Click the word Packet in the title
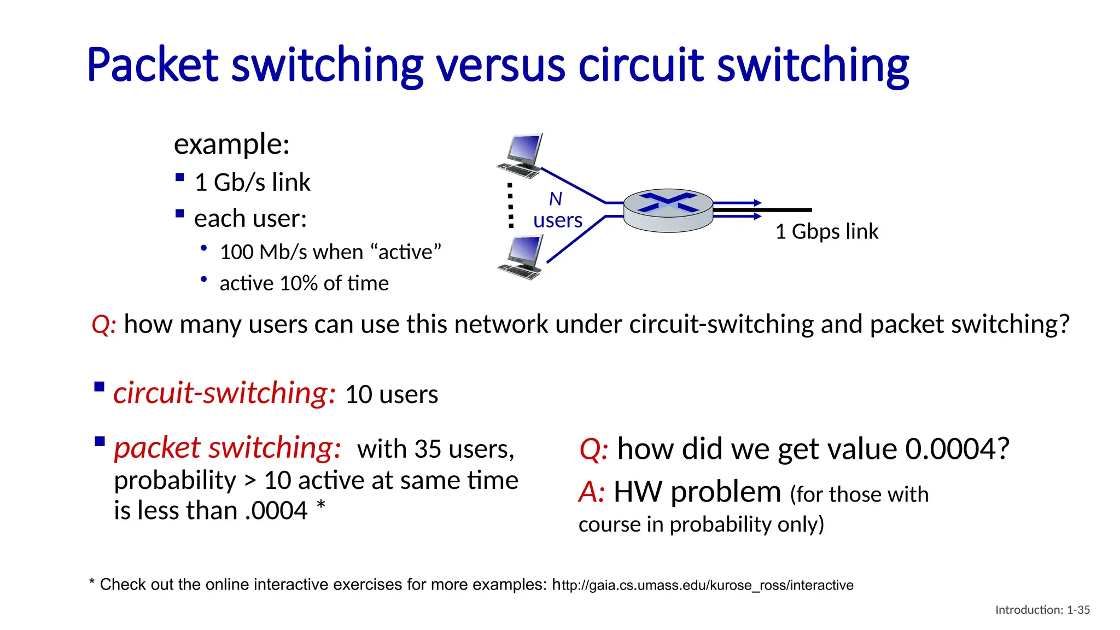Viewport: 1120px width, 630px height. point(152,66)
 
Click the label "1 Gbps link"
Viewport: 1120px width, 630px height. point(826,232)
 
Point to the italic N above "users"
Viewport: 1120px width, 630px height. point(556,199)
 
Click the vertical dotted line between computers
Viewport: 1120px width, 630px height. point(511,206)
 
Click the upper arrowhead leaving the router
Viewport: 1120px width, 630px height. point(757,203)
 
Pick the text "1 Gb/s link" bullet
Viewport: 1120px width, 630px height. point(252,183)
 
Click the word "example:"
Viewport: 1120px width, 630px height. point(231,144)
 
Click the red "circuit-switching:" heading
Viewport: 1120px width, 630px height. point(224,393)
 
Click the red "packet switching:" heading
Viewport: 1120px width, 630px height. point(227,448)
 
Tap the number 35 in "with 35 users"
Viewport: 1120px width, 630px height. point(428,450)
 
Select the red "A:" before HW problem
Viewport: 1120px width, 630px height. point(592,492)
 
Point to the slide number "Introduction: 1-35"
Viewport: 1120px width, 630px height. point(1042,610)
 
